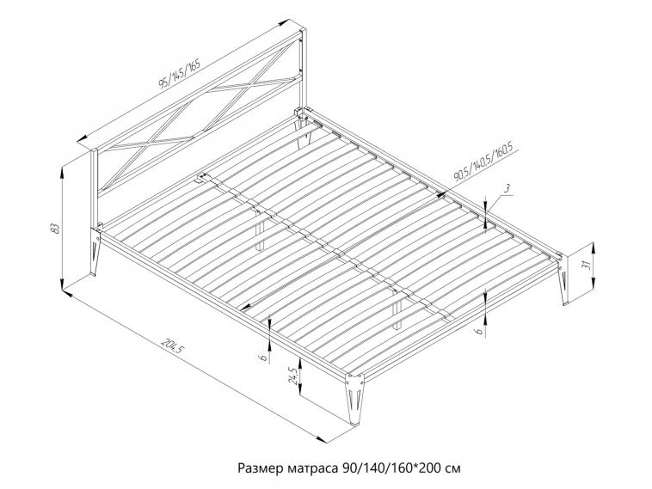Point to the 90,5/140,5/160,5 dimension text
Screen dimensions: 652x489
pyautogui.click(x=484, y=162)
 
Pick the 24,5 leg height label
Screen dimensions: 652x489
pyautogui.click(x=293, y=376)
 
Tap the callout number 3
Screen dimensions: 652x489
pyautogui.click(x=507, y=188)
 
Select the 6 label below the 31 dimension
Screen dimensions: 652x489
pyautogui.click(x=479, y=331)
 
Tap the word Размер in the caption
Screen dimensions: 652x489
pyautogui.click(x=261, y=468)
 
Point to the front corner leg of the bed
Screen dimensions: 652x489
pyautogui.click(x=353, y=398)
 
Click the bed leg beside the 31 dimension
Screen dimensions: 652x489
pyautogui.click(x=563, y=281)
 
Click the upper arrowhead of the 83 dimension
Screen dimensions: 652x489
pyautogui.click(x=63, y=171)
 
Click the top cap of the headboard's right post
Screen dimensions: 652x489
pyautogui.click(x=303, y=31)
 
